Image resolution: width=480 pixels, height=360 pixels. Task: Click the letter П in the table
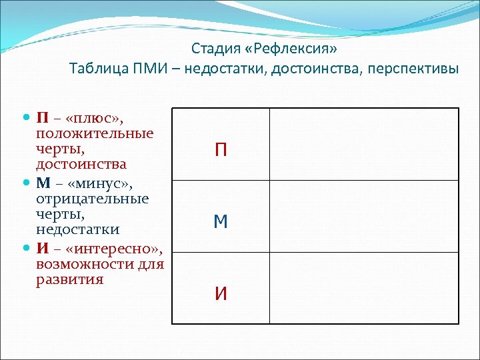coord(221,150)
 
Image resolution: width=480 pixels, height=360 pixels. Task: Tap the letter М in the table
coord(221,221)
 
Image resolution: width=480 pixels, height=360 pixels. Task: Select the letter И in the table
coord(221,293)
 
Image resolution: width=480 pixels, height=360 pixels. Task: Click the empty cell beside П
coord(364,144)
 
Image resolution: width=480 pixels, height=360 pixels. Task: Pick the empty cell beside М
coord(364,216)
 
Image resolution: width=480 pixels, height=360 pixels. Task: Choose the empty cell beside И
coord(364,288)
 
